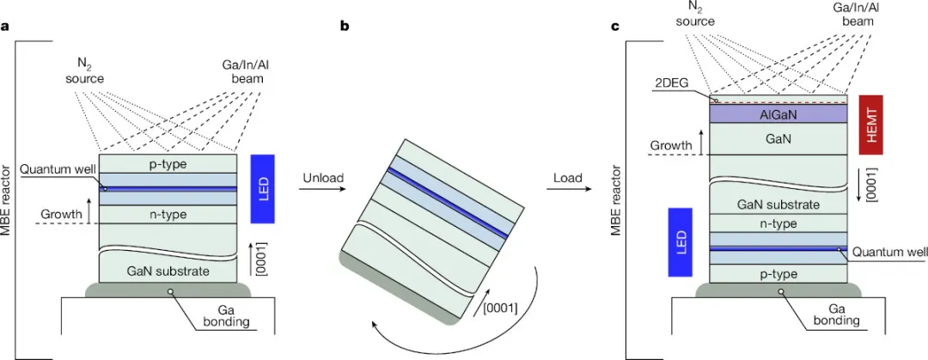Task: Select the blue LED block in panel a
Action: pos(263,187)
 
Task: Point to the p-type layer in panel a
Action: pos(168,163)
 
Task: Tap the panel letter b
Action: pos(344,26)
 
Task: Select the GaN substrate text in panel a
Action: pos(168,271)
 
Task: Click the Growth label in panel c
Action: pos(672,146)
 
